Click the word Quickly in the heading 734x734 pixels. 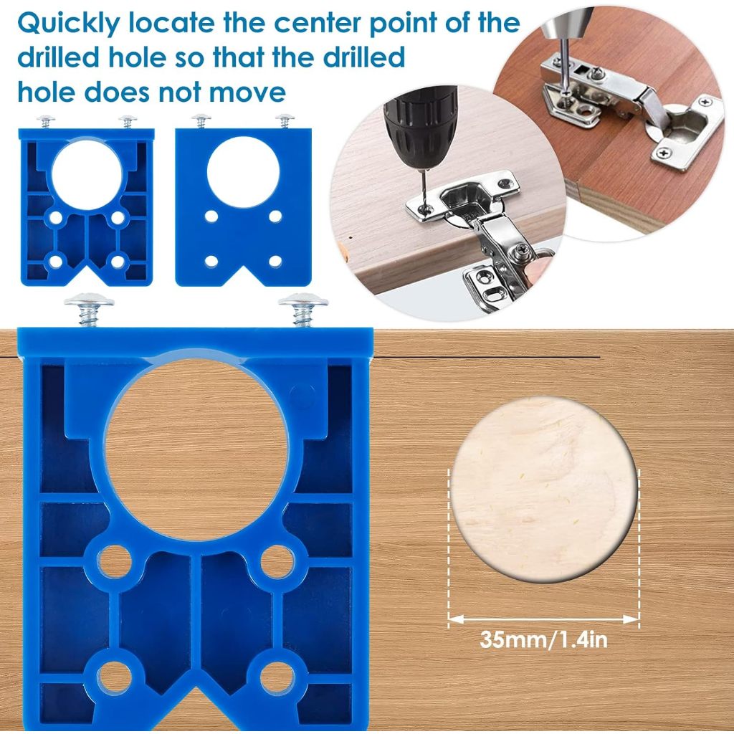click(69, 24)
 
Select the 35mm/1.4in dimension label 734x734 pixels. click(543, 639)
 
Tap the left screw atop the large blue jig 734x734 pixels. click(89, 308)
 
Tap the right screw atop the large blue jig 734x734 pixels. click(303, 309)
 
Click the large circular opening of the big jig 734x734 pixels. click(196, 450)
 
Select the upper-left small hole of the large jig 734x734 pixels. click(114, 561)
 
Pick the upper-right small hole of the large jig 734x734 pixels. click(277, 561)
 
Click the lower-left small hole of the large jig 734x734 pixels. click(114, 677)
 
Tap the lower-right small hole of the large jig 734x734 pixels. click(277, 677)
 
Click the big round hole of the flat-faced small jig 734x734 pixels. click(244, 172)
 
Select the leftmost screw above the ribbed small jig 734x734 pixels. click(46, 122)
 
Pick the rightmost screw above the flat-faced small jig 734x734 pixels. click(285, 120)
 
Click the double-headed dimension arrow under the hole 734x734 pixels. click(543, 619)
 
